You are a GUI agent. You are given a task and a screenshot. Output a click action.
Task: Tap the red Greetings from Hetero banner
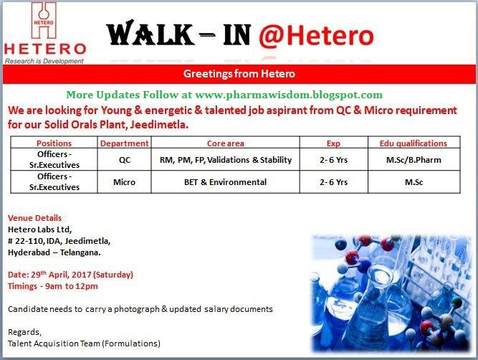tap(239, 74)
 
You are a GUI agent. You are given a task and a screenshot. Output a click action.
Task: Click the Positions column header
tap(54, 143)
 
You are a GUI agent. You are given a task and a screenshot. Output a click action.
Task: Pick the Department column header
tap(124, 143)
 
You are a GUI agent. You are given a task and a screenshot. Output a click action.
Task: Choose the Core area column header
tap(225, 143)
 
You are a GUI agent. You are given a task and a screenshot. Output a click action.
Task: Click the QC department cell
tap(124, 159)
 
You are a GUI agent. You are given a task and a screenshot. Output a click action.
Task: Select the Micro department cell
tap(124, 182)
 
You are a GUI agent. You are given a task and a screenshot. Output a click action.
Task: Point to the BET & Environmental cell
tap(225, 182)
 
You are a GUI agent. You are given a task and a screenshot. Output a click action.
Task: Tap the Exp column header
tap(333, 143)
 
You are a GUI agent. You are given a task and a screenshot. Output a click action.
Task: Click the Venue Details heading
tap(34, 217)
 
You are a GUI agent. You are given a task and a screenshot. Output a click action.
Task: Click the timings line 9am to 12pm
tap(52, 286)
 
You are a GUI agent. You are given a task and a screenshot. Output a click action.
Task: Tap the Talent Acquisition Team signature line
tap(84, 343)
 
